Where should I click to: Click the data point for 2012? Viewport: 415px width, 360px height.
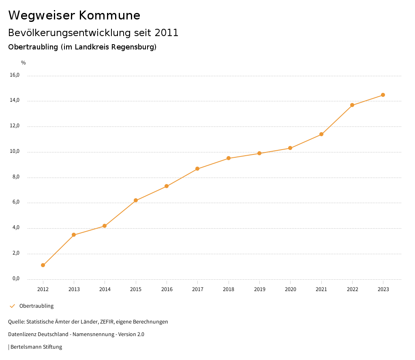[43, 265]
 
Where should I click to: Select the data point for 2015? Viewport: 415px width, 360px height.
[136, 200]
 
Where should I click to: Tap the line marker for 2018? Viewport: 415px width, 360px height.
[229, 158]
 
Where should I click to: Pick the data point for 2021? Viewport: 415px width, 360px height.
[321, 134]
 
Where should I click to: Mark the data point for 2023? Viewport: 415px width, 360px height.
[383, 95]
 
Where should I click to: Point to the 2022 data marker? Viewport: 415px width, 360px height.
[352, 105]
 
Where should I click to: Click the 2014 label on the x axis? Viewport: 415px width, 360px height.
[105, 289]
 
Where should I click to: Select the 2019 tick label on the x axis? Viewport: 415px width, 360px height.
[259, 289]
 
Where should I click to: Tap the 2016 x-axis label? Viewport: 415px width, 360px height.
[167, 289]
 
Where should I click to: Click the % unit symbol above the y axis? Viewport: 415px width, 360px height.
[24, 62]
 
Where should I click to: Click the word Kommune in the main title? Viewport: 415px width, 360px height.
[110, 15]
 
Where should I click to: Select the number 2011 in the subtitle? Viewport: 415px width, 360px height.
[166, 33]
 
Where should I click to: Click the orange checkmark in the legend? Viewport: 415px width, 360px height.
[12, 306]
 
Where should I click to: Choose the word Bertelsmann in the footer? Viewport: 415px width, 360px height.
[26, 347]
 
